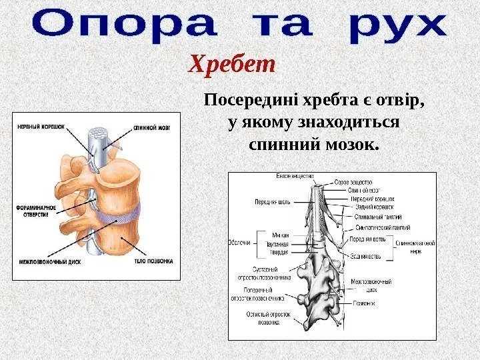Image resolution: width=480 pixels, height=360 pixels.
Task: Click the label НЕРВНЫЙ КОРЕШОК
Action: [39, 124]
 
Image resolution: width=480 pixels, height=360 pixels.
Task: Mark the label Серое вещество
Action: [353, 182]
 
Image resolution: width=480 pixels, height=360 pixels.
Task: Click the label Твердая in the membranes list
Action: [280, 251]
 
